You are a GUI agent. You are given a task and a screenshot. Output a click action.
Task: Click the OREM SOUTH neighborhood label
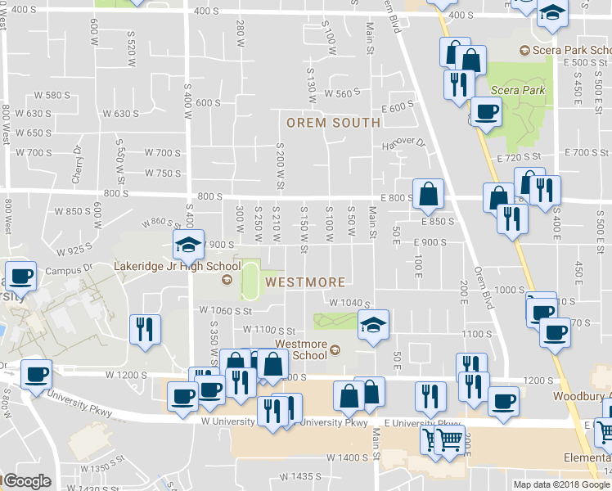point(333,123)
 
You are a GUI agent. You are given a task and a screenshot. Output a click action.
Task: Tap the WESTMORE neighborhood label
point(305,282)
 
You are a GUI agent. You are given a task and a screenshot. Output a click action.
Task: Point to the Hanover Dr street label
point(404,144)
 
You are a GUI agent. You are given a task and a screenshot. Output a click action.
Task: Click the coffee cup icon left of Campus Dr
point(21,275)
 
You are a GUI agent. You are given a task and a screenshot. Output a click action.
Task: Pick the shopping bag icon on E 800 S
point(428,195)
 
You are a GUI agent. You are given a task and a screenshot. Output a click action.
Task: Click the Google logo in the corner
point(27,481)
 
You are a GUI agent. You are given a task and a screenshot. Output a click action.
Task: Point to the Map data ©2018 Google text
point(561,484)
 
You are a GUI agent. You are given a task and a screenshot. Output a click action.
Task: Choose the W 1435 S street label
point(299,476)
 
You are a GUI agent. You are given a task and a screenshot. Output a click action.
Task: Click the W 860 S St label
point(160,221)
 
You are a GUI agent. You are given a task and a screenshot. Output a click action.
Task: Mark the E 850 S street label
point(438,221)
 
